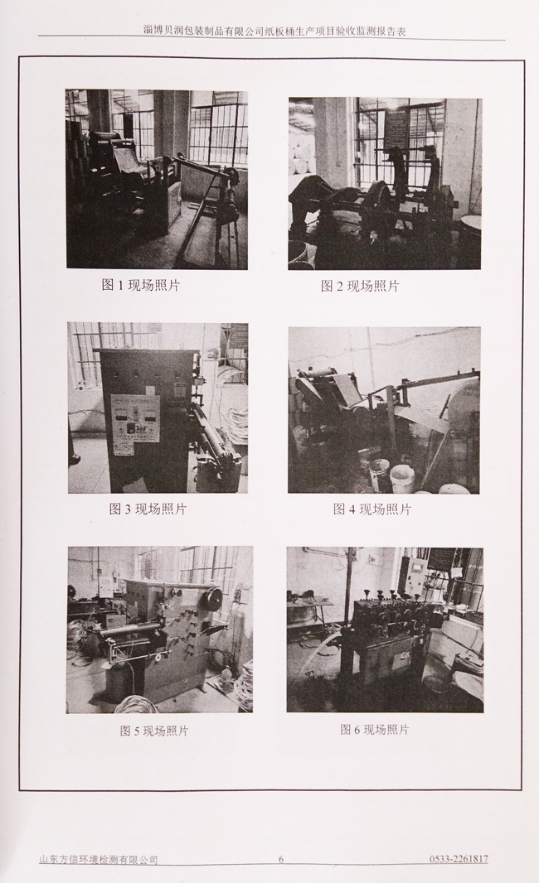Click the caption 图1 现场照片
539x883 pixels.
[140, 285]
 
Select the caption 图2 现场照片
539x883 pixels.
[360, 286]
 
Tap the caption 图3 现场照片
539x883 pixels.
[148, 509]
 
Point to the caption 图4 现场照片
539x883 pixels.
[372, 509]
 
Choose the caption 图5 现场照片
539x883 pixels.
[154, 731]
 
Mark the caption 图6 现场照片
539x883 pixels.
[374, 730]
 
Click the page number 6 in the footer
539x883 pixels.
[281, 859]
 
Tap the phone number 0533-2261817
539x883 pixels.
[459, 859]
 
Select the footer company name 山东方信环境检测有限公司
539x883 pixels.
[98, 860]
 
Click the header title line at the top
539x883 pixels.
[275, 31]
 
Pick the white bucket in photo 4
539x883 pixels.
[402, 478]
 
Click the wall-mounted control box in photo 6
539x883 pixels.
[416, 577]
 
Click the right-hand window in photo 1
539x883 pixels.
[217, 133]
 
